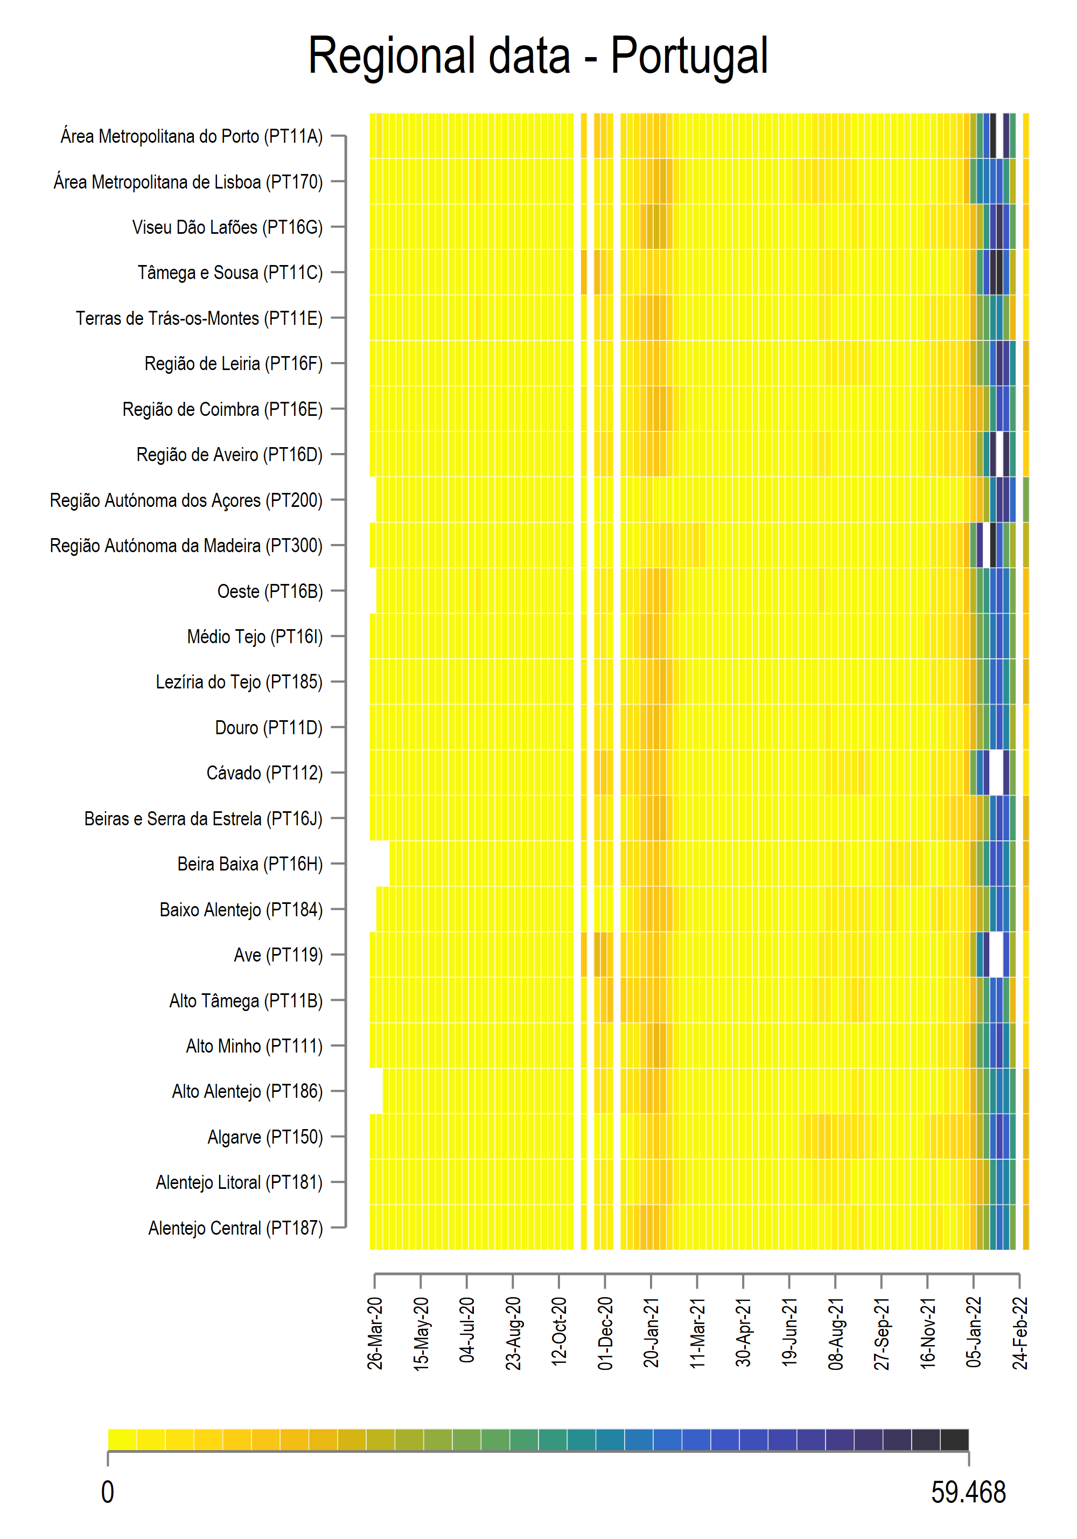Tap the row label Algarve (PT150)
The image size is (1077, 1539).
coord(265,1137)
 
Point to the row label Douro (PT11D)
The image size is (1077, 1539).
coord(268,727)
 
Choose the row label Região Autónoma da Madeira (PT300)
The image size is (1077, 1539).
coord(186,546)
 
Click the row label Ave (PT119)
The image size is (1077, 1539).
coord(277,955)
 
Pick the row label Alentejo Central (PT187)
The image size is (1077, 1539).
coord(235,1228)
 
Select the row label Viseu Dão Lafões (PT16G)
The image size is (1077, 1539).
coord(227,227)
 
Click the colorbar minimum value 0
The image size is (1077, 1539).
coord(107,1493)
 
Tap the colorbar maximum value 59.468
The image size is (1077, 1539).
coord(968,1493)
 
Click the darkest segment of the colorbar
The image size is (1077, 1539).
coord(954,1439)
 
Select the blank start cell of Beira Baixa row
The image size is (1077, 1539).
coord(379,863)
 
